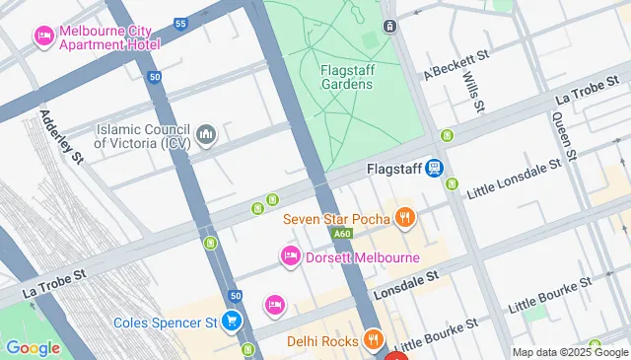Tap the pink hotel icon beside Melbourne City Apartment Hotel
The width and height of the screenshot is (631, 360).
click(44, 37)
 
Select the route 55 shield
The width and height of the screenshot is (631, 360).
click(179, 22)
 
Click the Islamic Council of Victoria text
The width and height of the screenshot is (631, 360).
click(142, 135)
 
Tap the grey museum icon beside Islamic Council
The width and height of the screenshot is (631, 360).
click(206, 134)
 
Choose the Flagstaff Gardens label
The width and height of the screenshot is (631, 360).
click(346, 76)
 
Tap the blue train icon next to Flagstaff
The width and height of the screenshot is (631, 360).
click(434, 169)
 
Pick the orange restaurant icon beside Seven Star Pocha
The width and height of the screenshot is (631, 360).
click(403, 217)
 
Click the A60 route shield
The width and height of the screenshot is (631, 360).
click(341, 234)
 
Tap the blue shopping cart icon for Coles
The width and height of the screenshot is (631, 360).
click(232, 322)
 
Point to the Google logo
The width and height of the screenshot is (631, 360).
click(33, 347)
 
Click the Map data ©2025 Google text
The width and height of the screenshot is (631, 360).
click(570, 352)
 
